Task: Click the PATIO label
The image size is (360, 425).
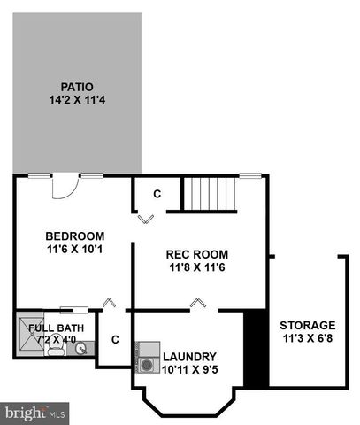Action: coord(77,87)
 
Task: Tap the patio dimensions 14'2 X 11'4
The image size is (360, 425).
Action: coord(77,100)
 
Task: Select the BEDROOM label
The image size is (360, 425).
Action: coord(75,236)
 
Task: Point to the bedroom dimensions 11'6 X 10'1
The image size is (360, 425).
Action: coord(75,250)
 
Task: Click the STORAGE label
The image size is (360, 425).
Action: coord(308,325)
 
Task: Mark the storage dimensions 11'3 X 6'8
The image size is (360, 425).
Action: coord(308,338)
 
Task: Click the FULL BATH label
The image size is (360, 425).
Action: coord(56,328)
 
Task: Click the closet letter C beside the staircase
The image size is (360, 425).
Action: coord(157,193)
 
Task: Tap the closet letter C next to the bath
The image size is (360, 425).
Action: coord(115,338)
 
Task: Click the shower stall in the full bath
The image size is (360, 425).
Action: coord(27,332)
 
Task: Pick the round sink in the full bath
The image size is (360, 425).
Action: coord(81,349)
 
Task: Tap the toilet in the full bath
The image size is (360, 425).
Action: coord(54,348)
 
